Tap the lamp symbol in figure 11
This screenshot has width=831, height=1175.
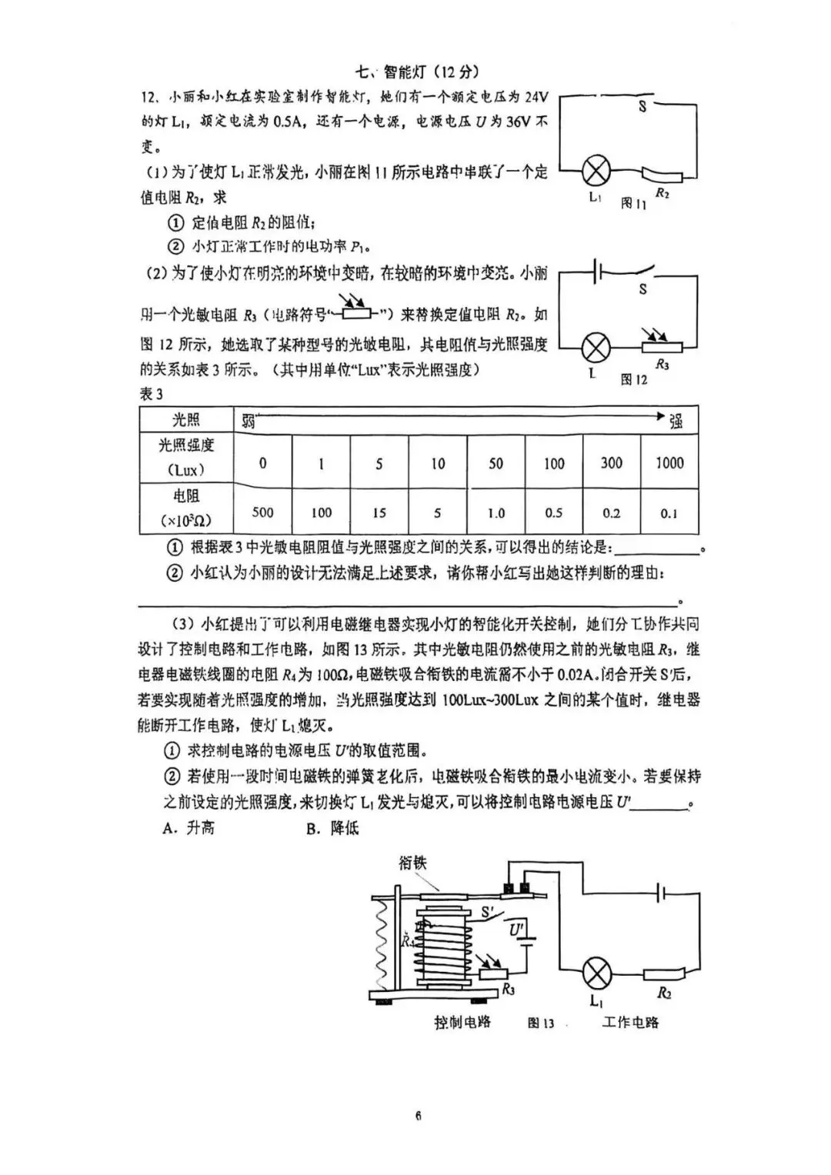tap(594, 169)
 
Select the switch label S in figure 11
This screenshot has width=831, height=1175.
tap(642, 108)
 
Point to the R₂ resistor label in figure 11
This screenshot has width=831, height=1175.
tap(662, 194)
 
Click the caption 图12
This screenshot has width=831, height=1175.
tap(633, 379)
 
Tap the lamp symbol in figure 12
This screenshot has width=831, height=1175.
tap(594, 348)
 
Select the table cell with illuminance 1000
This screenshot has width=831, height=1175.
tap(669, 462)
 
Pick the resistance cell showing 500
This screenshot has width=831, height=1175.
tap(262, 512)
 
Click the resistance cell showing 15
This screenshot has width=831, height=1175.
tap(379, 512)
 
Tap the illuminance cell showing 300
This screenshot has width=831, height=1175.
tap(612, 462)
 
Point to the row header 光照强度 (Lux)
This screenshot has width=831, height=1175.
tap(186, 457)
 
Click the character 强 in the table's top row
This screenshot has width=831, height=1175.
tap(676, 420)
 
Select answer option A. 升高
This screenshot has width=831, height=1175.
tap(189, 828)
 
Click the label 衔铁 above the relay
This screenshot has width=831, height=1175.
tap(412, 862)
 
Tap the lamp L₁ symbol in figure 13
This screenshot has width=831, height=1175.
tap(596, 973)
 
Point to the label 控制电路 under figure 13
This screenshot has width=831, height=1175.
tap(462, 1022)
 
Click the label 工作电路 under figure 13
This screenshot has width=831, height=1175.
tap(630, 1022)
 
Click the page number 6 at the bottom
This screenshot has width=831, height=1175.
tap(418, 1116)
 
